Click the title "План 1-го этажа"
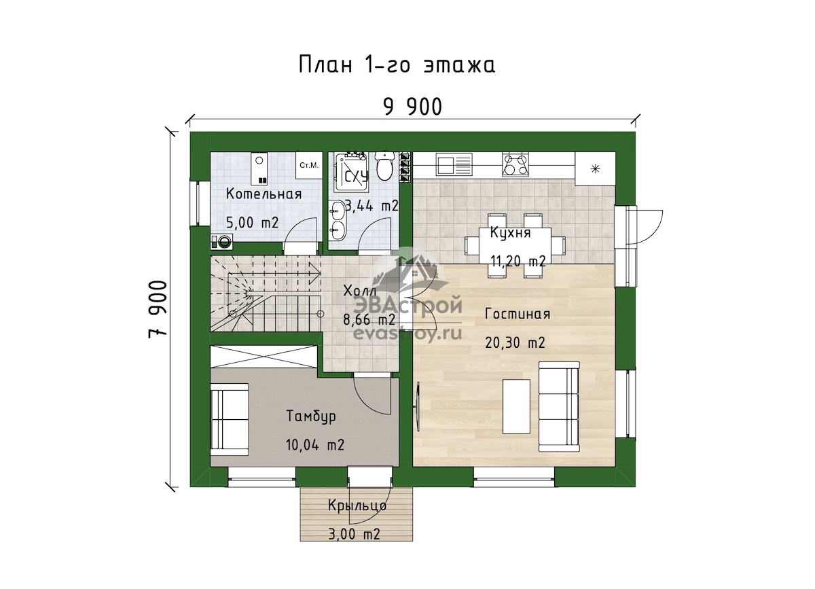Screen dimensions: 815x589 point(397,65)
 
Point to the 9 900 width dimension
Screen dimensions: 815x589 point(413,107)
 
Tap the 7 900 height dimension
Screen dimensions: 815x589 point(158,309)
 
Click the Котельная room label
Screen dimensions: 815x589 point(264,194)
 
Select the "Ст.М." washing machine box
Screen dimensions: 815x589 point(309,166)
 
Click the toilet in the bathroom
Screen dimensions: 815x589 point(384,166)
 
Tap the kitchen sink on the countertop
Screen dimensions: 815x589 point(454,164)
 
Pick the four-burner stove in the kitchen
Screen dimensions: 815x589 point(515,164)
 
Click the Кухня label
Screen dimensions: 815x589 point(510,232)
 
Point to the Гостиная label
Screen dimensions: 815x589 point(518,314)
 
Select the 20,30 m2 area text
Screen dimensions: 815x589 point(515,343)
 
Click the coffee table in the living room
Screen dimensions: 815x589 point(516,407)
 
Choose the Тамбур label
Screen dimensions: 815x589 point(311,416)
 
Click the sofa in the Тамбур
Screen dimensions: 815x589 point(230,419)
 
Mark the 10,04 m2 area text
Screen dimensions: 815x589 point(315,445)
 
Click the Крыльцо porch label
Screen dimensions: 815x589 point(357,505)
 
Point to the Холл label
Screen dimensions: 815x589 point(360,291)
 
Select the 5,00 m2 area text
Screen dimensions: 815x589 point(252,222)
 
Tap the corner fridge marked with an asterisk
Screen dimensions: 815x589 point(595,168)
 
